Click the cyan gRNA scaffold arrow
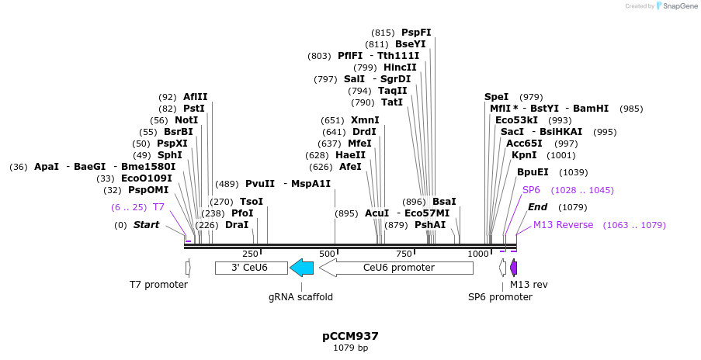pyautogui.click(x=301, y=268)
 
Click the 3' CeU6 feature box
pyautogui.click(x=249, y=268)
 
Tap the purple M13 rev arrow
pyautogui.click(x=513, y=268)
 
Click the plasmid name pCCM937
pyautogui.click(x=350, y=336)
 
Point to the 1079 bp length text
pyautogui.click(x=350, y=348)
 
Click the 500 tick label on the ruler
pyautogui.click(x=326, y=254)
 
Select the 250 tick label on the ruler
pyautogui.click(x=250, y=254)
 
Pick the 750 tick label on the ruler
pyautogui.click(x=402, y=254)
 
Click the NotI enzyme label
pyautogui.click(x=186, y=120)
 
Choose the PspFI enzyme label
pyautogui.click(x=416, y=33)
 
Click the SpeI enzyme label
pyautogui.click(x=496, y=97)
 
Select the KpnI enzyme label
pyautogui.click(x=519, y=155)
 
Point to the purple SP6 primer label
pyautogui.click(x=531, y=190)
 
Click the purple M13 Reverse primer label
pyautogui.click(x=563, y=225)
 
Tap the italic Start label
pyautogui.click(x=146, y=225)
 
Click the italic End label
pyautogui.click(x=537, y=207)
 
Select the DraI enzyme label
pyautogui.click(x=236, y=225)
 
